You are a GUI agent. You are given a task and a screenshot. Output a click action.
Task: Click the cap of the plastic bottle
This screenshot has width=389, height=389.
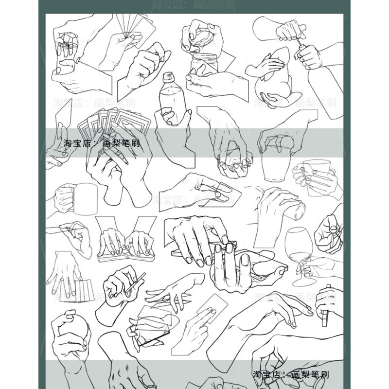click(168, 77)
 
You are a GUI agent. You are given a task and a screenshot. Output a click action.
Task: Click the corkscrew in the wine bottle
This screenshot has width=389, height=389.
click(302, 48)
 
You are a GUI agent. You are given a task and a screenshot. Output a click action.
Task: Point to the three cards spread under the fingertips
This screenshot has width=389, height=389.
click(83, 291)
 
